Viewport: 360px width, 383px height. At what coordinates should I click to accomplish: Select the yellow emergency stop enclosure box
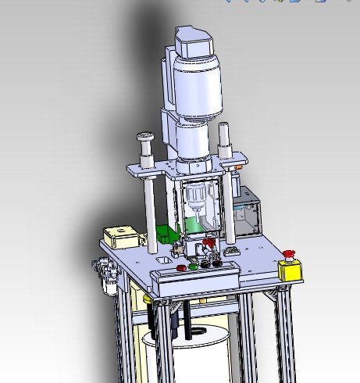290,270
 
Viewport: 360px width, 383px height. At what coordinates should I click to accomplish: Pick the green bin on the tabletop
166,233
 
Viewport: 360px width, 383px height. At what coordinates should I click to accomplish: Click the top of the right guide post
225,130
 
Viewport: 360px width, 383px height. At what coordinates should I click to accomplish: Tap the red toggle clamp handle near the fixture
208,249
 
